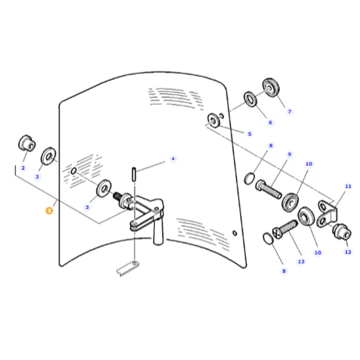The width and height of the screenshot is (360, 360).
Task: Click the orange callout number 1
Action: pyautogui.click(x=49, y=210)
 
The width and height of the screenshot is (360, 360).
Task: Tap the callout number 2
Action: pyautogui.click(x=23, y=168)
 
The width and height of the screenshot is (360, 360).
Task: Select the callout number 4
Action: pyautogui.click(x=173, y=158)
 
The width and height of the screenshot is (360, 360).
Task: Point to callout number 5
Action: pyautogui.click(x=249, y=134)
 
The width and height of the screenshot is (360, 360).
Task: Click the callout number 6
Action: pyautogui.click(x=270, y=122)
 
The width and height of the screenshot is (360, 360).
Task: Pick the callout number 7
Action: pyautogui.click(x=290, y=112)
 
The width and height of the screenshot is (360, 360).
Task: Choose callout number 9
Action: pyautogui.click(x=289, y=154)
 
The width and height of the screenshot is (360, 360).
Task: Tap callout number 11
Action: pyautogui.click(x=348, y=186)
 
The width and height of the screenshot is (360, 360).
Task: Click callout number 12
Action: pyautogui.click(x=348, y=252)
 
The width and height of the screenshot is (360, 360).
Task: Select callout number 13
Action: pyautogui.click(x=301, y=261)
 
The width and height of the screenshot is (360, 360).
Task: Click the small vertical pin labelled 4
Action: pyautogui.click(x=134, y=174)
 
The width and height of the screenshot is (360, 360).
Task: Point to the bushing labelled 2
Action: pyautogui.click(x=27, y=143)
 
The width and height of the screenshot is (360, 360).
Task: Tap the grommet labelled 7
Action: pyautogui.click(x=271, y=87)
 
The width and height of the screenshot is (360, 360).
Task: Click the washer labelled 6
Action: pyautogui.click(x=250, y=99)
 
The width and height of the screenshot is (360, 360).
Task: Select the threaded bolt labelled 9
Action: pyautogui.click(x=268, y=189)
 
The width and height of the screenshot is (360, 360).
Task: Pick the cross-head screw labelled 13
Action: pyautogui.click(x=285, y=229)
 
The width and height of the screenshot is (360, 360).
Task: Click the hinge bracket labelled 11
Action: pyautogui.click(x=327, y=214)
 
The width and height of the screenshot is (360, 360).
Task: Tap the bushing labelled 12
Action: pyautogui.click(x=341, y=231)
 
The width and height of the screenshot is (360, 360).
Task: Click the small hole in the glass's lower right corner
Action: pyautogui.click(x=235, y=233)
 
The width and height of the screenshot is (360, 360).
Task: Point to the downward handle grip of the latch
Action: pyautogui.click(x=158, y=231)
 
